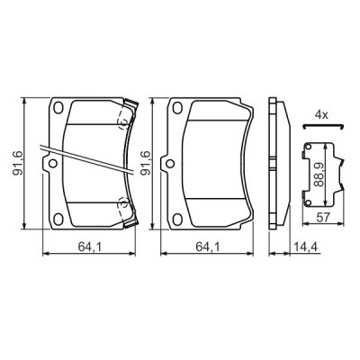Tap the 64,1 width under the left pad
point(87,244)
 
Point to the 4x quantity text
point(321,114)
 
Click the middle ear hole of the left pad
point(51,165)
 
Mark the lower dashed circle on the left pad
point(124,204)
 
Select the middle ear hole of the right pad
point(166,165)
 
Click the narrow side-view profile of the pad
point(279,165)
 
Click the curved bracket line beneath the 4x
point(322,129)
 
